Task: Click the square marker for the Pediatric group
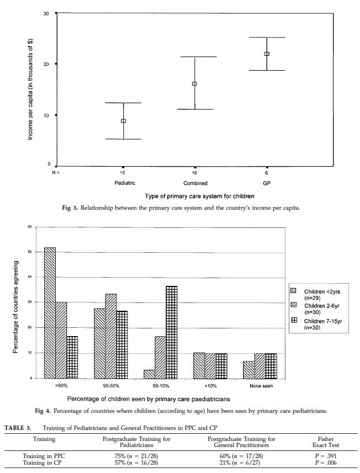pyautogui.click(x=124, y=121)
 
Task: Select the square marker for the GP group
pyautogui.click(x=267, y=54)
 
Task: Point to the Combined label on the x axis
pyautogui.click(x=195, y=183)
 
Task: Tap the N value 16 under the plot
pyautogui.click(x=195, y=173)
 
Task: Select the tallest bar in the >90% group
pyautogui.click(x=50, y=312)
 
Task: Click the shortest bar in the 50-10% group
pyautogui.click(x=149, y=374)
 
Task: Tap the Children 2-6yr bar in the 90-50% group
pyautogui.click(x=110, y=336)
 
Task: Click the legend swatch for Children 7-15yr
pyautogui.click(x=294, y=321)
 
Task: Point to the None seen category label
pyautogui.click(x=261, y=386)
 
